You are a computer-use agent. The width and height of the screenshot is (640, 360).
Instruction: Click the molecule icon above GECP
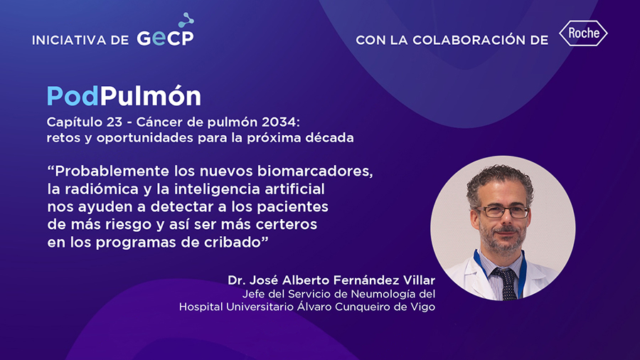pos(186,20)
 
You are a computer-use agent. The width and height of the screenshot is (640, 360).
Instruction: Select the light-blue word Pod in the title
pos(73,96)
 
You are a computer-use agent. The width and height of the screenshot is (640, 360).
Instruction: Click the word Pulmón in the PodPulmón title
pos(151,95)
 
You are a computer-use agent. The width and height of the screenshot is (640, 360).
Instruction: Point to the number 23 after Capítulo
pos(114,122)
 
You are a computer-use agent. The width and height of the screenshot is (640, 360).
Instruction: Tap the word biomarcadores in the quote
pos(315,171)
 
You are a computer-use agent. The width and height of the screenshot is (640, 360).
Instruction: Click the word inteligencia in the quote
pos(218,189)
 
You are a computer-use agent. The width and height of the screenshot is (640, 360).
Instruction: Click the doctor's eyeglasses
pos(503,212)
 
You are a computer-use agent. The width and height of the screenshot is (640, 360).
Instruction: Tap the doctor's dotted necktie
pos(507,283)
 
